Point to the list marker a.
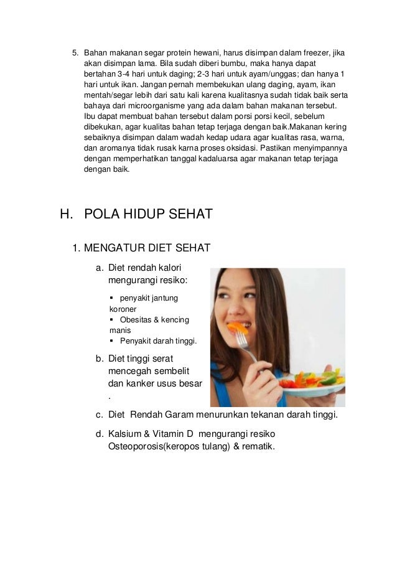tap(100, 268)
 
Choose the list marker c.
tap(100, 415)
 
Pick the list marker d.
tap(100, 433)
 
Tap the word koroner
tap(123, 309)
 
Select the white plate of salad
tap(311, 389)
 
